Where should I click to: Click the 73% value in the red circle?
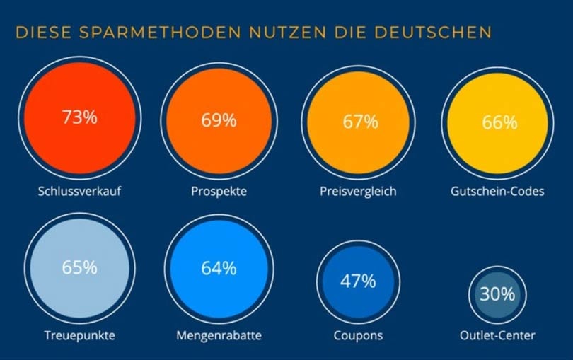[x=79, y=117]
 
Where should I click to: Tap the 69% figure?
[x=219, y=120]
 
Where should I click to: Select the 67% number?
[x=360, y=122]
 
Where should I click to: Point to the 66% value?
[x=500, y=122]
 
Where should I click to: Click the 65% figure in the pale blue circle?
[x=79, y=267]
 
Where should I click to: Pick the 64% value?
[x=219, y=269]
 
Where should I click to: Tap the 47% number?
[x=358, y=281]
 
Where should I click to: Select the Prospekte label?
[x=219, y=192]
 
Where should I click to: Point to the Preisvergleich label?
[x=358, y=192]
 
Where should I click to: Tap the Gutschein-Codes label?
[x=497, y=192]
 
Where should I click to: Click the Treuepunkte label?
[x=79, y=335]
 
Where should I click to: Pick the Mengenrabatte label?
[x=218, y=335]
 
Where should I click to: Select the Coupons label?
[x=359, y=335]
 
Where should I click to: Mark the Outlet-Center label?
[x=497, y=335]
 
